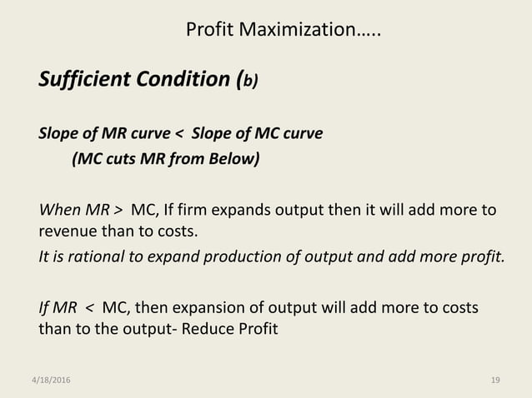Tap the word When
[x=58, y=208]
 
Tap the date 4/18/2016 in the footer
[x=48, y=380]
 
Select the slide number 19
[x=495, y=380]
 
